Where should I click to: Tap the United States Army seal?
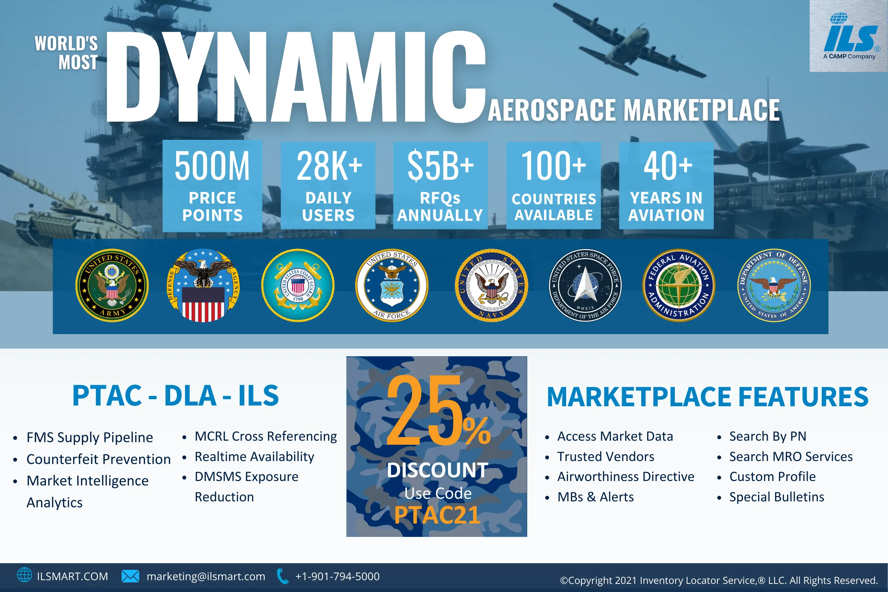click(x=112, y=285)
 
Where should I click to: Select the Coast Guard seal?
click(x=298, y=285)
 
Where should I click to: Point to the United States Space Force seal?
click(x=585, y=285)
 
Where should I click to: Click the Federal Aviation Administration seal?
click(x=679, y=285)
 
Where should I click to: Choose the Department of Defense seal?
click(x=774, y=285)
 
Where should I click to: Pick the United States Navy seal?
click(x=491, y=285)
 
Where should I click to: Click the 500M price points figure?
click(x=212, y=166)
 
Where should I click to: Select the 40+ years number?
click(x=668, y=166)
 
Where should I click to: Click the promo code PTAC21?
click(x=437, y=515)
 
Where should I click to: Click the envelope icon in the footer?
click(x=130, y=576)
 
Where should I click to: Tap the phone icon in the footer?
click(x=282, y=576)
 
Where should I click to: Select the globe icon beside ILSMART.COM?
click(x=24, y=575)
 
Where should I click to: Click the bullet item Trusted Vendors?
click(x=606, y=457)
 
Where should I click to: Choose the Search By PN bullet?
click(x=767, y=437)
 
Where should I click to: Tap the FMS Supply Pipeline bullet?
click(x=90, y=438)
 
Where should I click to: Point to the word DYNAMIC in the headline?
click(x=296, y=77)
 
